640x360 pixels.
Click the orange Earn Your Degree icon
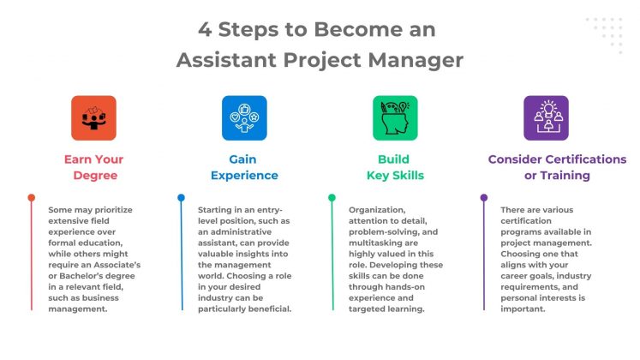93,117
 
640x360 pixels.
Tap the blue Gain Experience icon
244,117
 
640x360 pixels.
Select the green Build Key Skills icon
395,117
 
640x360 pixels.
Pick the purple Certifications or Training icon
546,117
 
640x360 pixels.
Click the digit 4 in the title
206,29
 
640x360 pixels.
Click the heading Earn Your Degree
93,167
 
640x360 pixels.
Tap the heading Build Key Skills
394,167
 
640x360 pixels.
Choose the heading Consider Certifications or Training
557,167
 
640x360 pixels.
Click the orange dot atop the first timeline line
32,198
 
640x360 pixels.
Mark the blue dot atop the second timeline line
181,198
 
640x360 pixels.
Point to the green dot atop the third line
332,198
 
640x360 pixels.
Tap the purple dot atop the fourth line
483,198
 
